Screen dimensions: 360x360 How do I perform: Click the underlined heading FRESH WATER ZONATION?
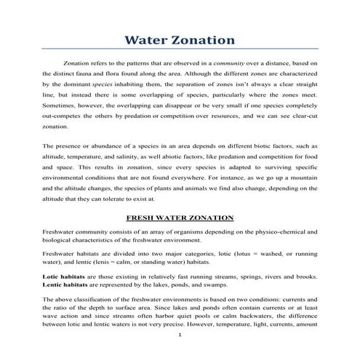click(180, 217)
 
